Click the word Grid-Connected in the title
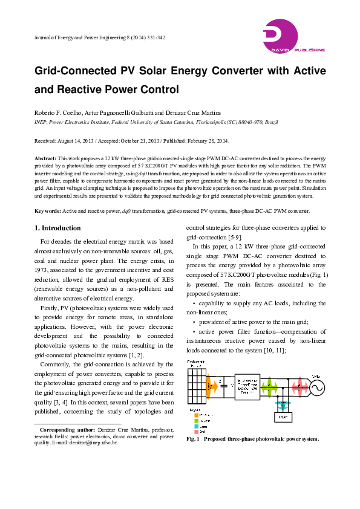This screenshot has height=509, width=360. point(74,71)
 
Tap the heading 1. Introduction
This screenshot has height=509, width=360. point(57,228)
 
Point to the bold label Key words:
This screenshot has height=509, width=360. point(47,211)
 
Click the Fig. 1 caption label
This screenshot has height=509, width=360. point(194,439)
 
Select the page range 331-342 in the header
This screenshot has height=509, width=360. point(153,37)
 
